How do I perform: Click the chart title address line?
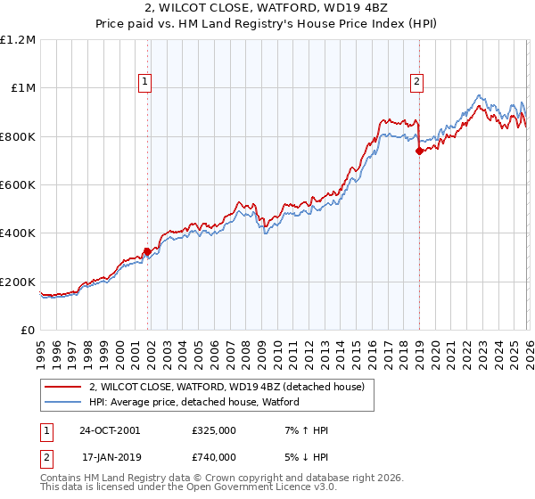tap(267, 9)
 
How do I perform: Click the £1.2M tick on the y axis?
tap(18, 39)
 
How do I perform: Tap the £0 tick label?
tap(28, 330)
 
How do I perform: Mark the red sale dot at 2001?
tap(148, 251)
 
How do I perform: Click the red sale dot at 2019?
tap(418, 151)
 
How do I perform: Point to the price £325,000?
tap(213, 430)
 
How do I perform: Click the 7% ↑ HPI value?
tap(304, 430)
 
